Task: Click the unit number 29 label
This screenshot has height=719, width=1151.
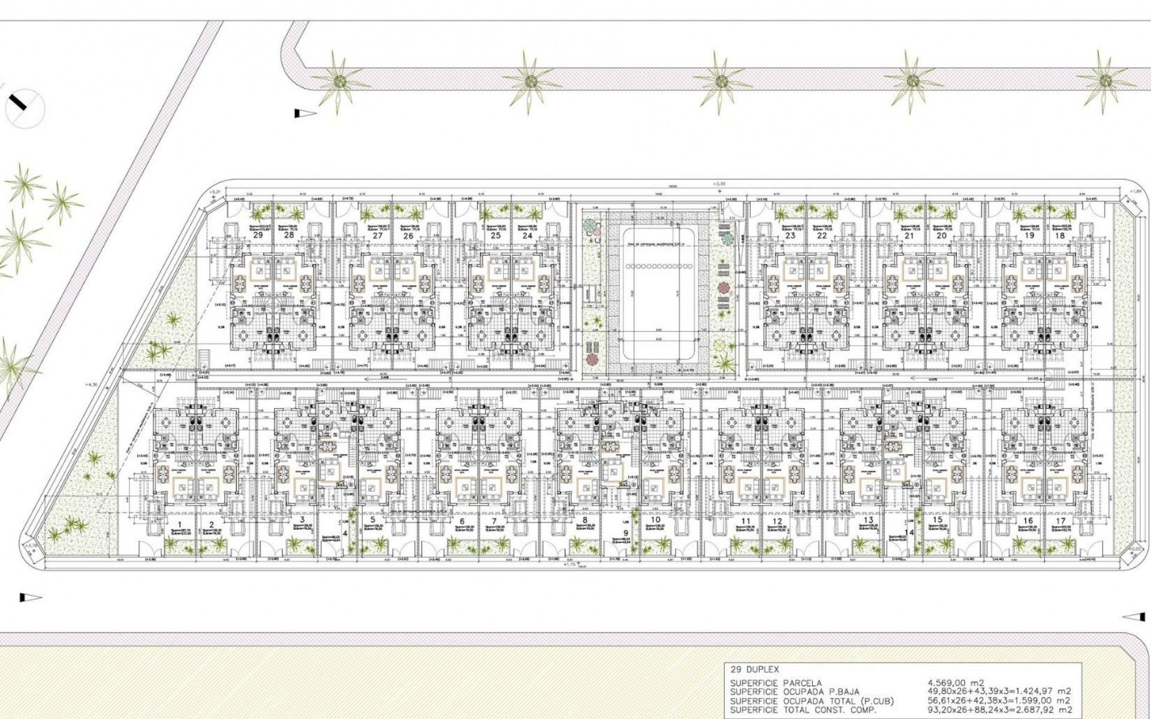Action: [258, 235]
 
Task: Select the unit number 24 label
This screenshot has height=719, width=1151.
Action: [527, 235]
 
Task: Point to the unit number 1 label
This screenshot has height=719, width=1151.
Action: [188, 522]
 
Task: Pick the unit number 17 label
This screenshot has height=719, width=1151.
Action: [1060, 521]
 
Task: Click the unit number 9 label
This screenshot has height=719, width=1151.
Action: [625, 533]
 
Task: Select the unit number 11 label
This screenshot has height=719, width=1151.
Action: [745, 521]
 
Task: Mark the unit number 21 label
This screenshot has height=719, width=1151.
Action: [910, 235]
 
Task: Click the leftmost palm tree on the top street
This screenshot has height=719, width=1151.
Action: [340, 81]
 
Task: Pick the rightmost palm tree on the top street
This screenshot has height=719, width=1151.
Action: [1104, 81]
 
